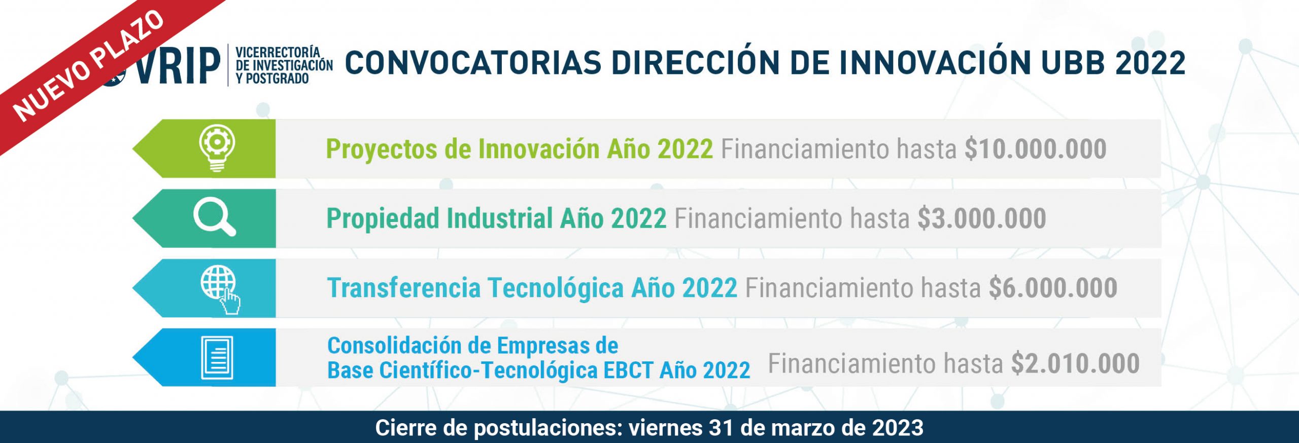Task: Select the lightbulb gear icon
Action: coord(217,148)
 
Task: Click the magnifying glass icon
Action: coord(215,218)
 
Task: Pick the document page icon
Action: coord(217,358)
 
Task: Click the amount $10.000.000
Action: coord(1035,149)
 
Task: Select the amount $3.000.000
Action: coord(982,218)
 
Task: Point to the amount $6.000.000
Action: coord(1053,288)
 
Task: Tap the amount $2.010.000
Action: coord(1076,363)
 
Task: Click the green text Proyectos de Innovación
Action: coord(462,150)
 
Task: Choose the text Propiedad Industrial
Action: coord(439,219)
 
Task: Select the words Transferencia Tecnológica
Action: coord(475,288)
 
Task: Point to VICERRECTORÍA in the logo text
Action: coord(278,52)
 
